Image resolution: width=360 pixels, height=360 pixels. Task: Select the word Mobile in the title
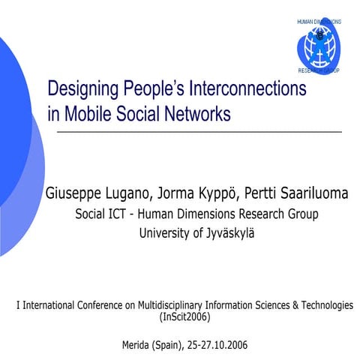pyautogui.click(x=95, y=115)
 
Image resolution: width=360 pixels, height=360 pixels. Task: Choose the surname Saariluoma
pyautogui.click(x=309, y=194)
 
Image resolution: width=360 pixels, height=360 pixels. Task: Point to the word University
pyautogui.click(x=167, y=232)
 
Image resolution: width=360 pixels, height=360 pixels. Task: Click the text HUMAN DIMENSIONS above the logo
pyautogui.click(x=319, y=22)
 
